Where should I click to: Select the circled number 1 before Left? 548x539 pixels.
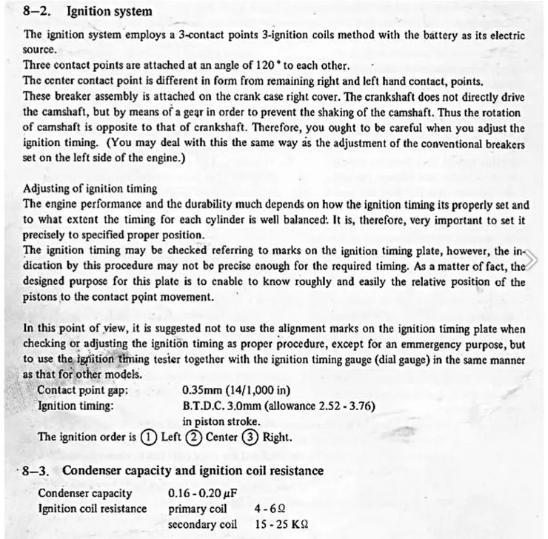tap(147, 437)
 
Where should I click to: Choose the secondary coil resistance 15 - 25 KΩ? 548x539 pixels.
tap(281, 523)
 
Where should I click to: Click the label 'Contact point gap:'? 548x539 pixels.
tap(83, 390)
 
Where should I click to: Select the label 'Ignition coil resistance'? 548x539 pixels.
tap(92, 508)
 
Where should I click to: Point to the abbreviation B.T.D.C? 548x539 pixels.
tap(203, 406)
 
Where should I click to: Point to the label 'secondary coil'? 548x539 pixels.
tap(203, 523)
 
